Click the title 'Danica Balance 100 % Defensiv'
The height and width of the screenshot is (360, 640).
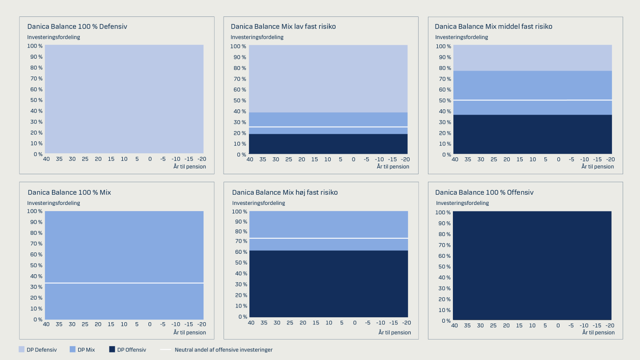[77, 27]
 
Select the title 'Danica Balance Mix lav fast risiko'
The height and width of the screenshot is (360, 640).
[283, 27]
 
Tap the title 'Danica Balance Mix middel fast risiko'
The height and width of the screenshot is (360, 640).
[493, 27]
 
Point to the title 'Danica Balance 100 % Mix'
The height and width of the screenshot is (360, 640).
[69, 192]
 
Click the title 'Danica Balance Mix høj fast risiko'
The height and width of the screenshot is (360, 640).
[285, 192]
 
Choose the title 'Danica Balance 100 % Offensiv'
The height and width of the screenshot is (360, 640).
[484, 192]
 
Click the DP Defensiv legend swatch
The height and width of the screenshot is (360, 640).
[22, 350]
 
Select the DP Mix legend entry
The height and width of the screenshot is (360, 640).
[82, 350]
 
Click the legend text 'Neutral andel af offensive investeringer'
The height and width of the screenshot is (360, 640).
[224, 350]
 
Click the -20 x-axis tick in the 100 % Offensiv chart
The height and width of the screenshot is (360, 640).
[611, 326]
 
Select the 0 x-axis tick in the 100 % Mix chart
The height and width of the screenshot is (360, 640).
[150, 324]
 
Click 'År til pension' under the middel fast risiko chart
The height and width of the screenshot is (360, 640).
[597, 167]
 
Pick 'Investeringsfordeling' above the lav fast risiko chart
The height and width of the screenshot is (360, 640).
[257, 37]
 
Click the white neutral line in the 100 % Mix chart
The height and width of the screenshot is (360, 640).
[124, 283]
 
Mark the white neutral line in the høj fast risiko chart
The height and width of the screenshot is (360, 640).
[329, 238]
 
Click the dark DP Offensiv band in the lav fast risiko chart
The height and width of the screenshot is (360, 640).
[328, 144]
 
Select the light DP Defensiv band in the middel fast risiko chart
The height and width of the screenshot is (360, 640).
[532, 58]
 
